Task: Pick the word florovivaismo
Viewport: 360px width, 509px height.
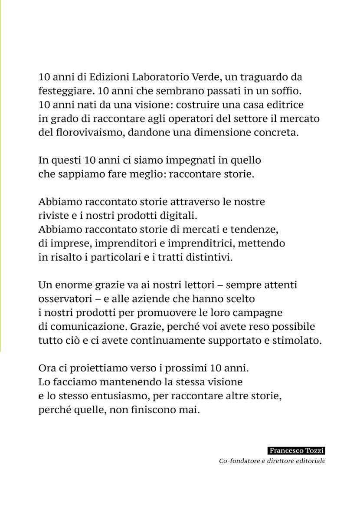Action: coord(82,133)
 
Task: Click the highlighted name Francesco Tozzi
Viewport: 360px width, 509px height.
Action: coord(297,451)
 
